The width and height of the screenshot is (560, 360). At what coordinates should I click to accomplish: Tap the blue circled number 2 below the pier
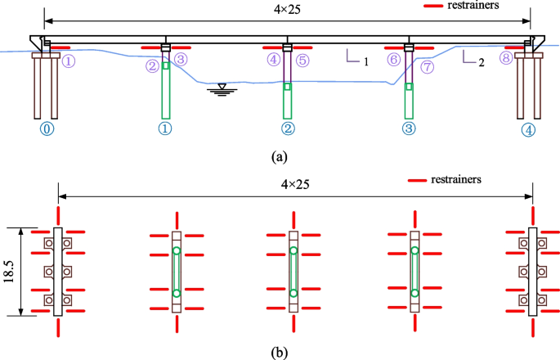coord(287,128)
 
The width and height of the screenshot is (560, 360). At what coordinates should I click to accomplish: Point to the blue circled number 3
coord(410,128)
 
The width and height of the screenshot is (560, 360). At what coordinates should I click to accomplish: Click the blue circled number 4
coord(530,128)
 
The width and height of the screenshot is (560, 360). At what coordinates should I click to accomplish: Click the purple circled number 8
coord(507,60)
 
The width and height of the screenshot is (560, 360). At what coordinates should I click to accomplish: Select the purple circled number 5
coord(302,60)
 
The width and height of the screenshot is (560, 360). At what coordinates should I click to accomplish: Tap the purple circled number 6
coord(394,60)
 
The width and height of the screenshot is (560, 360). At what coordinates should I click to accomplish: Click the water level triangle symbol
coord(217,88)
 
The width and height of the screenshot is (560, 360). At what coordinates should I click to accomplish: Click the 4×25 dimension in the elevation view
coord(284,11)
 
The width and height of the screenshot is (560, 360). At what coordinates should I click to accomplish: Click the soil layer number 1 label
coord(367,61)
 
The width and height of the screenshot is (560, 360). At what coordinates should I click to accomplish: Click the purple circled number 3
coord(181,60)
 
